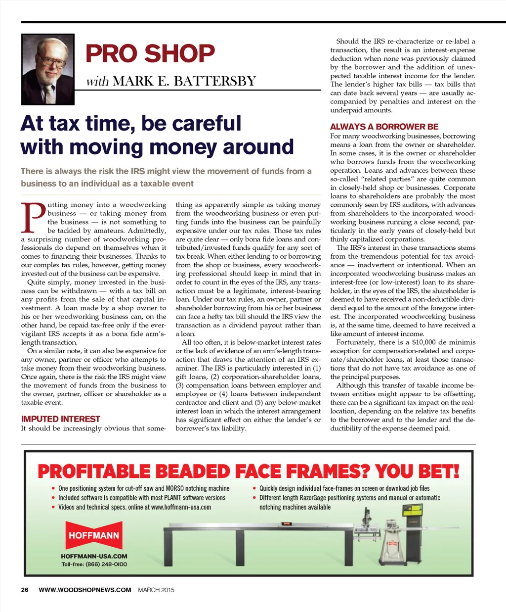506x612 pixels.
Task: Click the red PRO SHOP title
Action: (150, 53)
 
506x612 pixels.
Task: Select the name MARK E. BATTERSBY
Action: (184, 81)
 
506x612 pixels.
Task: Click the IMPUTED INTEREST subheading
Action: (60, 419)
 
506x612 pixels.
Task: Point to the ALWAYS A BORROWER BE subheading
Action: (384, 127)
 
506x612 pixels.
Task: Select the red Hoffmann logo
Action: (94, 535)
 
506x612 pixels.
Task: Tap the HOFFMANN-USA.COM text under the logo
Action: (94, 556)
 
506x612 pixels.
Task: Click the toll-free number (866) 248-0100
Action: (106, 564)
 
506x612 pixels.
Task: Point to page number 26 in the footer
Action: (25, 590)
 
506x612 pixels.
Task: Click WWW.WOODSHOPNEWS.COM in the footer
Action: (85, 590)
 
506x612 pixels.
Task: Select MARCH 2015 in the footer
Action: (156, 590)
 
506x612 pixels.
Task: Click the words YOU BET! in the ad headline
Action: (417, 471)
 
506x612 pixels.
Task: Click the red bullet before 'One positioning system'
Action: (53, 489)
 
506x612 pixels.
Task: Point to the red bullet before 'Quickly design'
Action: (254, 489)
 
